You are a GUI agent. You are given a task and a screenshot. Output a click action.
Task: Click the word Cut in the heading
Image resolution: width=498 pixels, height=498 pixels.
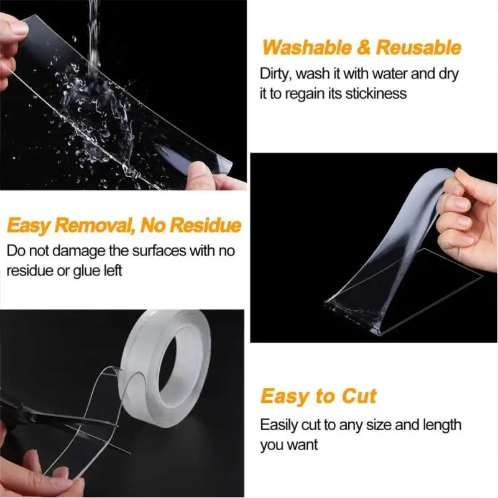[359, 396]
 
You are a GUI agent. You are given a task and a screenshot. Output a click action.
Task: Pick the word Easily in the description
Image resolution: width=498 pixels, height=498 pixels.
[279, 425]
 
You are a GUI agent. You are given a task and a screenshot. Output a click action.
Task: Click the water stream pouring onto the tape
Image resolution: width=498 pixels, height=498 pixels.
[94, 31]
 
